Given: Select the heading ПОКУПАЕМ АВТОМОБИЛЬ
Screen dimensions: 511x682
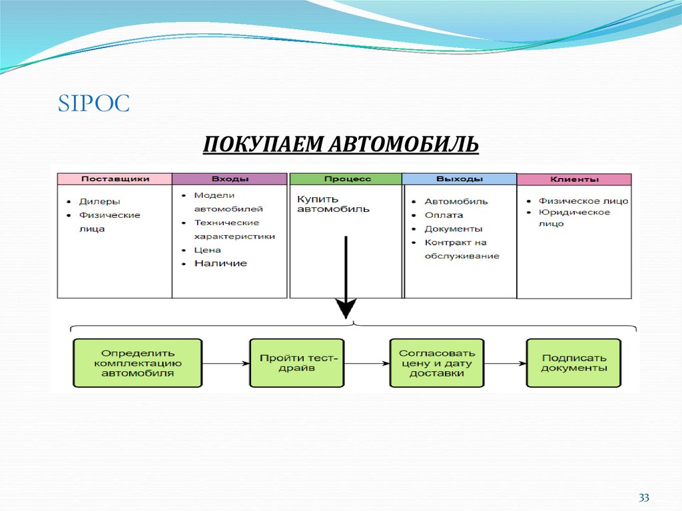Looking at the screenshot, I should (340, 143).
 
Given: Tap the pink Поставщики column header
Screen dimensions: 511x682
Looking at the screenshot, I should (115, 179).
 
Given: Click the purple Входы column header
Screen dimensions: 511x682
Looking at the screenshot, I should (230, 179).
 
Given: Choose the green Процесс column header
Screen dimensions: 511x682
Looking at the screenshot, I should (346, 179).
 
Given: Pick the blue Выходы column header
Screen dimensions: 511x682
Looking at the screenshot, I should (459, 179).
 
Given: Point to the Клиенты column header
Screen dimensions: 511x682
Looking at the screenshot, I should (574, 179).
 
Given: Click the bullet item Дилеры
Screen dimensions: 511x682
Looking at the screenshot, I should (99, 201).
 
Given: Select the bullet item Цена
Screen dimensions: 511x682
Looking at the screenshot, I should (207, 250).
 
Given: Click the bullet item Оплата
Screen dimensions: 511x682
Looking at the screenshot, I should (444, 215).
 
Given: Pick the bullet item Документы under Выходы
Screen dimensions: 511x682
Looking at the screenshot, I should (453, 229).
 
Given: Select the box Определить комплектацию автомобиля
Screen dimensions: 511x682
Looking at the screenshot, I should (138, 363).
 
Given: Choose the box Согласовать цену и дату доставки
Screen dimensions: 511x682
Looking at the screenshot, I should (437, 363).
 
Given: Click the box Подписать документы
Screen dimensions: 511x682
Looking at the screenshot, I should (573, 363).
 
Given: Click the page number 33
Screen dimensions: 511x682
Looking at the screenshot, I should (643, 498).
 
